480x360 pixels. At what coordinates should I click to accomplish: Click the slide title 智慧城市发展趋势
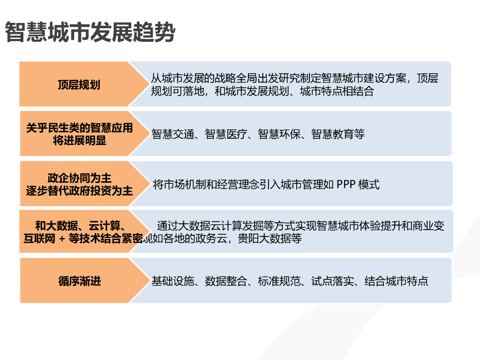(90, 33)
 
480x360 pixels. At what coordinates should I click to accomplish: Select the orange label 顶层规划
(79, 85)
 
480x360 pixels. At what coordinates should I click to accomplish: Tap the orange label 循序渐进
(79, 281)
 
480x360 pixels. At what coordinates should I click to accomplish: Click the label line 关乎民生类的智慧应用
(79, 128)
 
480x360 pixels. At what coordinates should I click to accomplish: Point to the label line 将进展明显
(79, 140)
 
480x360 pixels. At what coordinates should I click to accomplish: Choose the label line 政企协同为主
(79, 178)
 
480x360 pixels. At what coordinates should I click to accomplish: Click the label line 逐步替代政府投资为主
(79, 191)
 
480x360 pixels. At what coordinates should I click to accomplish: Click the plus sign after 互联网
(62, 239)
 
